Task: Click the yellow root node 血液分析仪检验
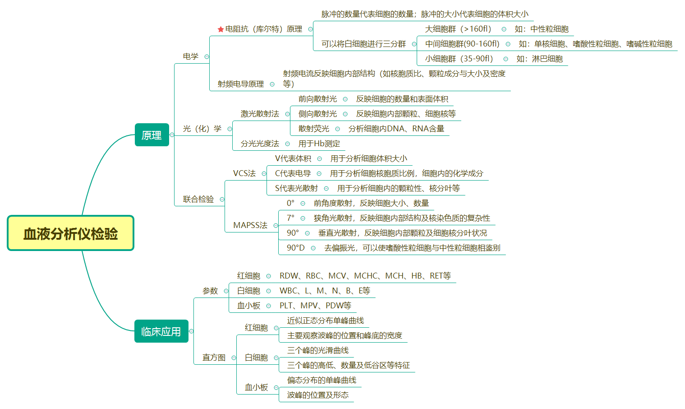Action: (x=70, y=233)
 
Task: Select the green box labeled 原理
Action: (x=152, y=135)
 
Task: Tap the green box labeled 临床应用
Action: (x=161, y=331)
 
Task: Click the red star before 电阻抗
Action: (x=221, y=29)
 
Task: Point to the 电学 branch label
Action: (x=190, y=56)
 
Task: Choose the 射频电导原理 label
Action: (x=240, y=84)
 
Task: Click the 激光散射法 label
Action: (x=260, y=114)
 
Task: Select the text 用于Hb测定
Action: (x=319, y=144)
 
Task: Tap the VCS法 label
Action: (x=244, y=173)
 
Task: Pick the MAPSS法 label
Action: (x=250, y=225)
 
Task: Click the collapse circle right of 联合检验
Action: (x=222, y=199)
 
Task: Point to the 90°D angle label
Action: (x=295, y=248)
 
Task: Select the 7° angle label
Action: (x=290, y=218)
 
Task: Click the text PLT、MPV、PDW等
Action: (x=315, y=306)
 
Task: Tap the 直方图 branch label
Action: (x=214, y=358)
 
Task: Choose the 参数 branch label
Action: (x=210, y=291)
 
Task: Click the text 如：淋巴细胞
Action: (x=539, y=59)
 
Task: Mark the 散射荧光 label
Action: (x=313, y=129)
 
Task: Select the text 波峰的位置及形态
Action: (x=317, y=395)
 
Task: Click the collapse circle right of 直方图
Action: (x=234, y=358)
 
